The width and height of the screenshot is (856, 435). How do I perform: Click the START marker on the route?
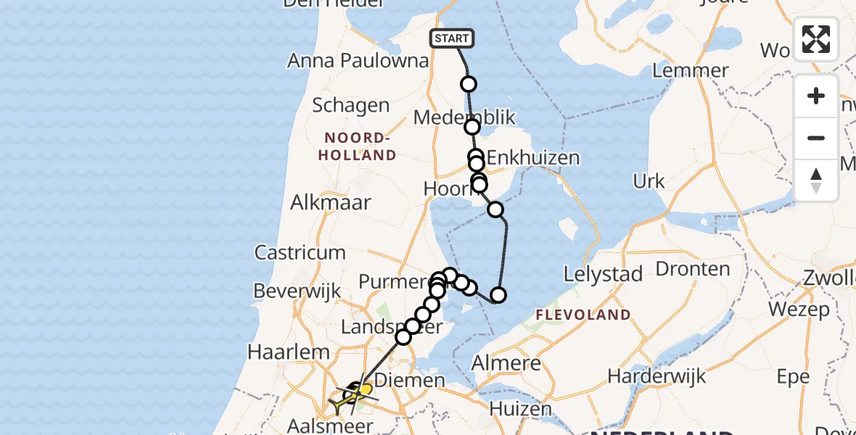452,38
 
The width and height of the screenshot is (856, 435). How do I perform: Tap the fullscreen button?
816,39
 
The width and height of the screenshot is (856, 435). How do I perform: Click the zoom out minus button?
816,138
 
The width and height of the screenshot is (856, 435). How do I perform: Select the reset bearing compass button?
816,180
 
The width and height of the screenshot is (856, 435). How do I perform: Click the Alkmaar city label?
330,202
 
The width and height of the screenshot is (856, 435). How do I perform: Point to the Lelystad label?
604,274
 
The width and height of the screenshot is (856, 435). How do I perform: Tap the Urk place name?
649,181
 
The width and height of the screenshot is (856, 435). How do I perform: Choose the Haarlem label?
289,352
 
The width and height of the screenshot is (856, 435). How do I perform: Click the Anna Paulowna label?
358,60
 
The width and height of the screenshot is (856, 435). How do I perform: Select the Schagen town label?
350,105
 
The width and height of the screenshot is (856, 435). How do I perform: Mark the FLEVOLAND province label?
583,315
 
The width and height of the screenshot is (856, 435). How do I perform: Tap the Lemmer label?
690,70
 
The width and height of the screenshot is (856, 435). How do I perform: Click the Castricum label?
300,252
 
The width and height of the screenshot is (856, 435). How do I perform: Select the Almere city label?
506,363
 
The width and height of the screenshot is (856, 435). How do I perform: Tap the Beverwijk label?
297,291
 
